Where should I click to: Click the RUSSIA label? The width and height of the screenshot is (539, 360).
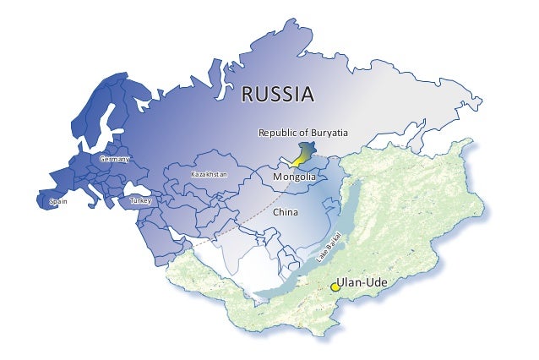[278, 93]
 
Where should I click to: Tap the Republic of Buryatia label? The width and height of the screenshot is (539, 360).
[303, 134]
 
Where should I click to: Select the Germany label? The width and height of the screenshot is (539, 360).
[114, 160]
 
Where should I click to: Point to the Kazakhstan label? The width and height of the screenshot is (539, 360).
[210, 174]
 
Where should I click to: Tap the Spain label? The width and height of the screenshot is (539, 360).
[58, 202]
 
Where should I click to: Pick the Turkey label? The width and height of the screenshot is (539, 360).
[139, 201]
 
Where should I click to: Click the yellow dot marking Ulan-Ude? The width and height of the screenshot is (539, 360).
[335, 287]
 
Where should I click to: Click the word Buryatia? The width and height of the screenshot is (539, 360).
[329, 134]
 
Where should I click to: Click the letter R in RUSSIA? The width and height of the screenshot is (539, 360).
[248, 93]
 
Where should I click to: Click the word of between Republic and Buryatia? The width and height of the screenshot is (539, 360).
[304, 134]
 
